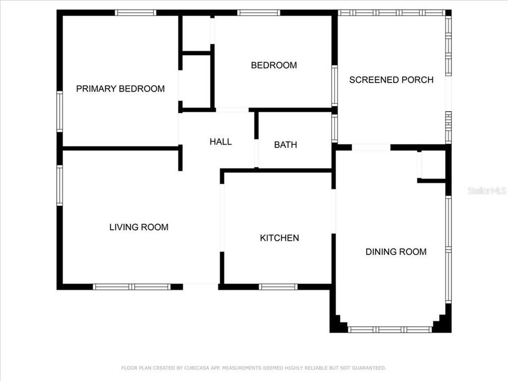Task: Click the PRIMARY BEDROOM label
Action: tap(120, 89)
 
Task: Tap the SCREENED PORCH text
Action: tap(391, 80)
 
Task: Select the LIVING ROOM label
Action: tap(139, 227)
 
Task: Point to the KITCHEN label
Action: tap(279, 238)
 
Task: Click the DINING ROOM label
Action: tap(396, 252)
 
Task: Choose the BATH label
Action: tap(285, 144)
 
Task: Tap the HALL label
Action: tap(220, 142)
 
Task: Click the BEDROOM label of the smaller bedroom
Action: tap(274, 66)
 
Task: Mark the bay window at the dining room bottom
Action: tap(390, 329)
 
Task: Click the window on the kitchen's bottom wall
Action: tap(278, 287)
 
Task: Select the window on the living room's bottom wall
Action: tap(131, 287)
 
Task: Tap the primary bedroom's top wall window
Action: tap(135, 13)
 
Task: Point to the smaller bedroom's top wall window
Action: tap(258, 13)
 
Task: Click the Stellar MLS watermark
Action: tap(487, 190)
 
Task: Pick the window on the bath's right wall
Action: tap(334, 129)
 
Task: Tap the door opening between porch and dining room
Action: tap(371, 148)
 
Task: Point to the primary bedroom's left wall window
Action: tap(60, 112)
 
